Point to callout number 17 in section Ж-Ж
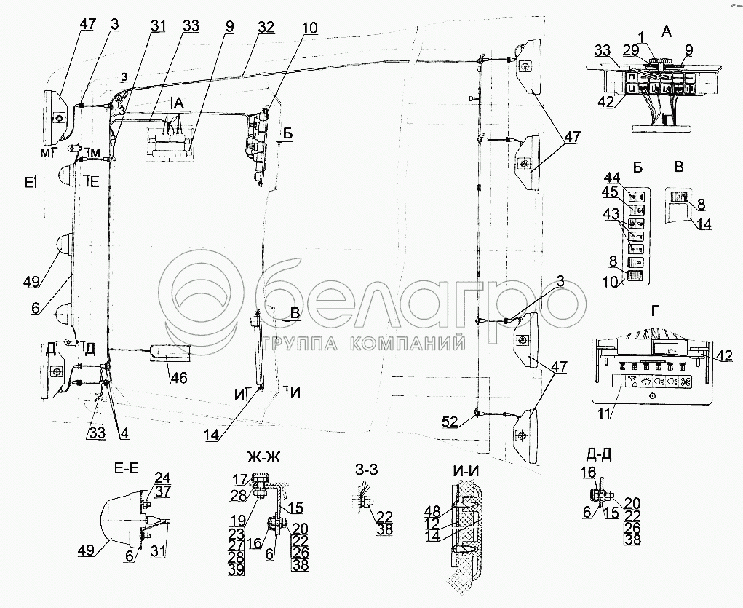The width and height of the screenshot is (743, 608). click(x=241, y=479)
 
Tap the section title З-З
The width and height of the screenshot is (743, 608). click(x=362, y=468)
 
